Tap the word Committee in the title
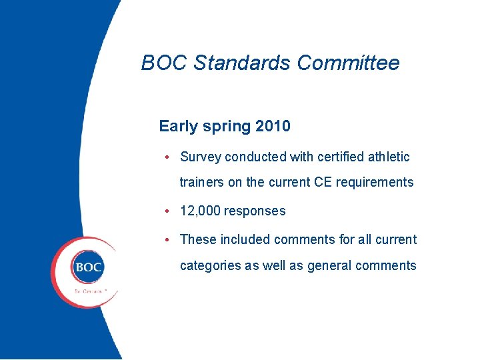[348, 63]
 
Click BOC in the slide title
[165, 63]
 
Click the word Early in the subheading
[178, 125]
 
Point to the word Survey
[201, 157]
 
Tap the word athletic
[385, 157]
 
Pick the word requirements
[375, 182]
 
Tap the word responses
[255, 211]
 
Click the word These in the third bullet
[198, 239]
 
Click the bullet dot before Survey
[169, 157]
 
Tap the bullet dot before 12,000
[169, 211]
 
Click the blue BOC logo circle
[88, 268]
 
